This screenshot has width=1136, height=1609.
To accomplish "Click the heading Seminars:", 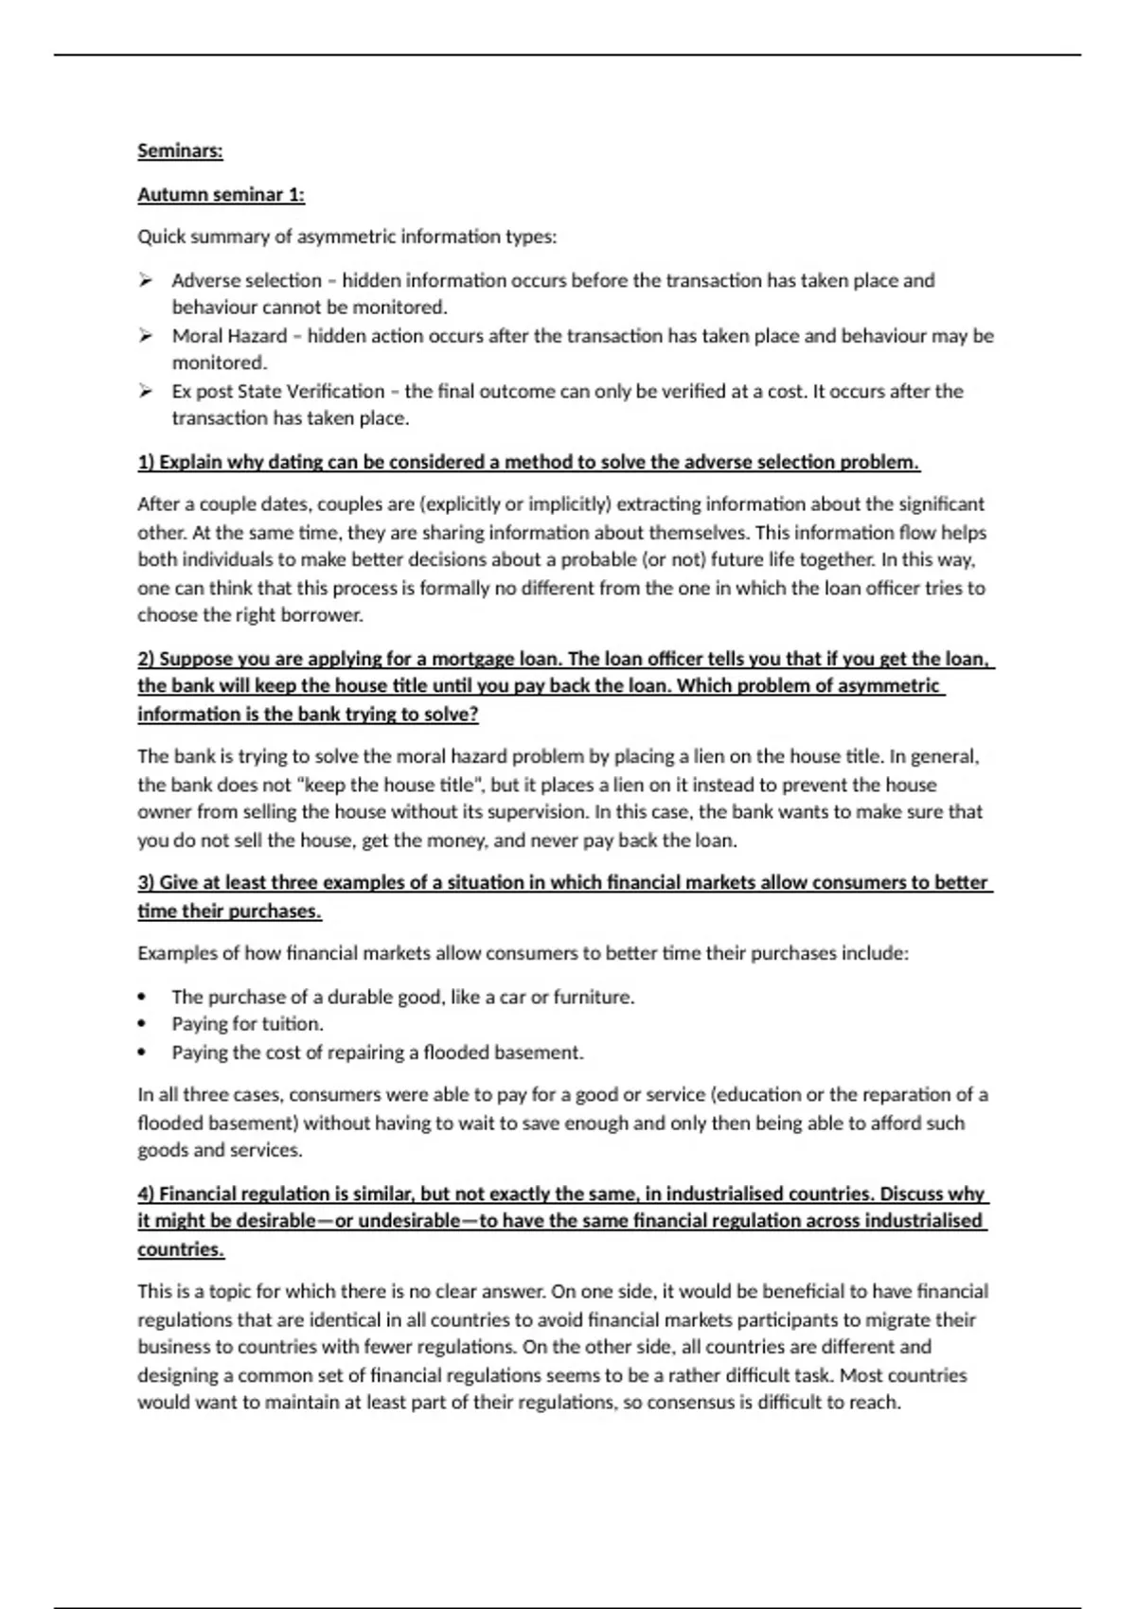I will (x=180, y=150).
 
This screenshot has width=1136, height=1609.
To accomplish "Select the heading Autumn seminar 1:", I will (x=221, y=195).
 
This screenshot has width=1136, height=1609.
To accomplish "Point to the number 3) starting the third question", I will (x=146, y=883).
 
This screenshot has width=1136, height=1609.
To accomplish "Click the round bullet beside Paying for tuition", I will (x=142, y=1024).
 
